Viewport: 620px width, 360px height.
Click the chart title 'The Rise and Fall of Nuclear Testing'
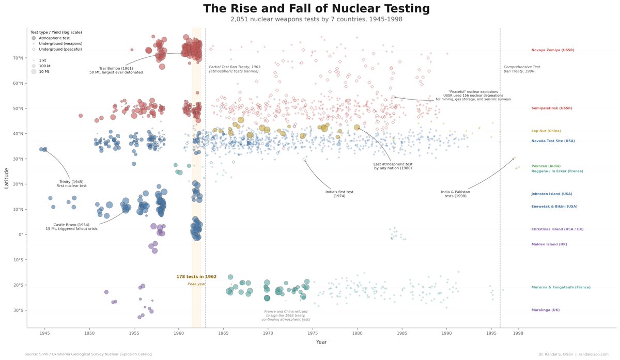(x=316, y=9)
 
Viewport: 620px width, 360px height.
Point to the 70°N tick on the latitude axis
(x=18, y=58)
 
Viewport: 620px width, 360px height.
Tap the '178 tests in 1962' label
(x=196, y=277)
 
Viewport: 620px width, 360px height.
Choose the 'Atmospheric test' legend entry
(x=54, y=38)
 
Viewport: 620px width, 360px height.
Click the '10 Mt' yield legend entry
(x=44, y=71)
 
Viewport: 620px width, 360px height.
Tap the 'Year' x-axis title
(x=321, y=342)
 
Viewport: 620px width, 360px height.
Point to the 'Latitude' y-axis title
(x=7, y=178)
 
